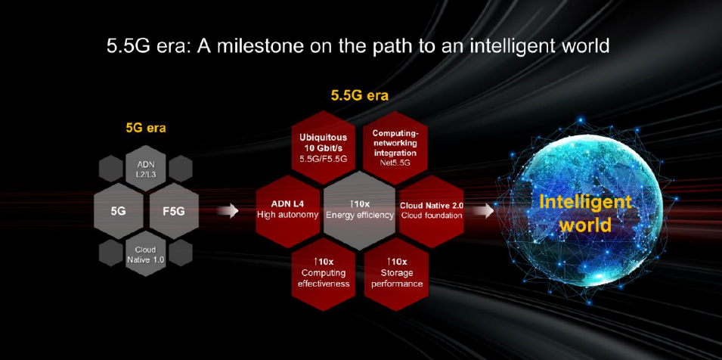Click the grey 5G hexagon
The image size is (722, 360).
(x=119, y=211)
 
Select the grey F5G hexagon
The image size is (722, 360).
(x=173, y=211)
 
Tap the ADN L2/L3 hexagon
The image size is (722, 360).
(x=145, y=169)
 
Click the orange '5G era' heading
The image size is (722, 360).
(x=145, y=128)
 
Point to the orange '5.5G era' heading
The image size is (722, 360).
(x=359, y=96)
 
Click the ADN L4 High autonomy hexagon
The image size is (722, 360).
(x=287, y=209)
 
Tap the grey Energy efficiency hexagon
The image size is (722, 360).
(x=359, y=209)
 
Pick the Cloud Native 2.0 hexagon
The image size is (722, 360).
(x=432, y=209)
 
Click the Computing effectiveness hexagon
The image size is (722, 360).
(x=324, y=272)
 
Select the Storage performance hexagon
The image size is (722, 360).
(x=395, y=272)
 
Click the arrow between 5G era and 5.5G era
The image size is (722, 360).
(x=227, y=211)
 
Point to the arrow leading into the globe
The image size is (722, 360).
(x=483, y=211)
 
